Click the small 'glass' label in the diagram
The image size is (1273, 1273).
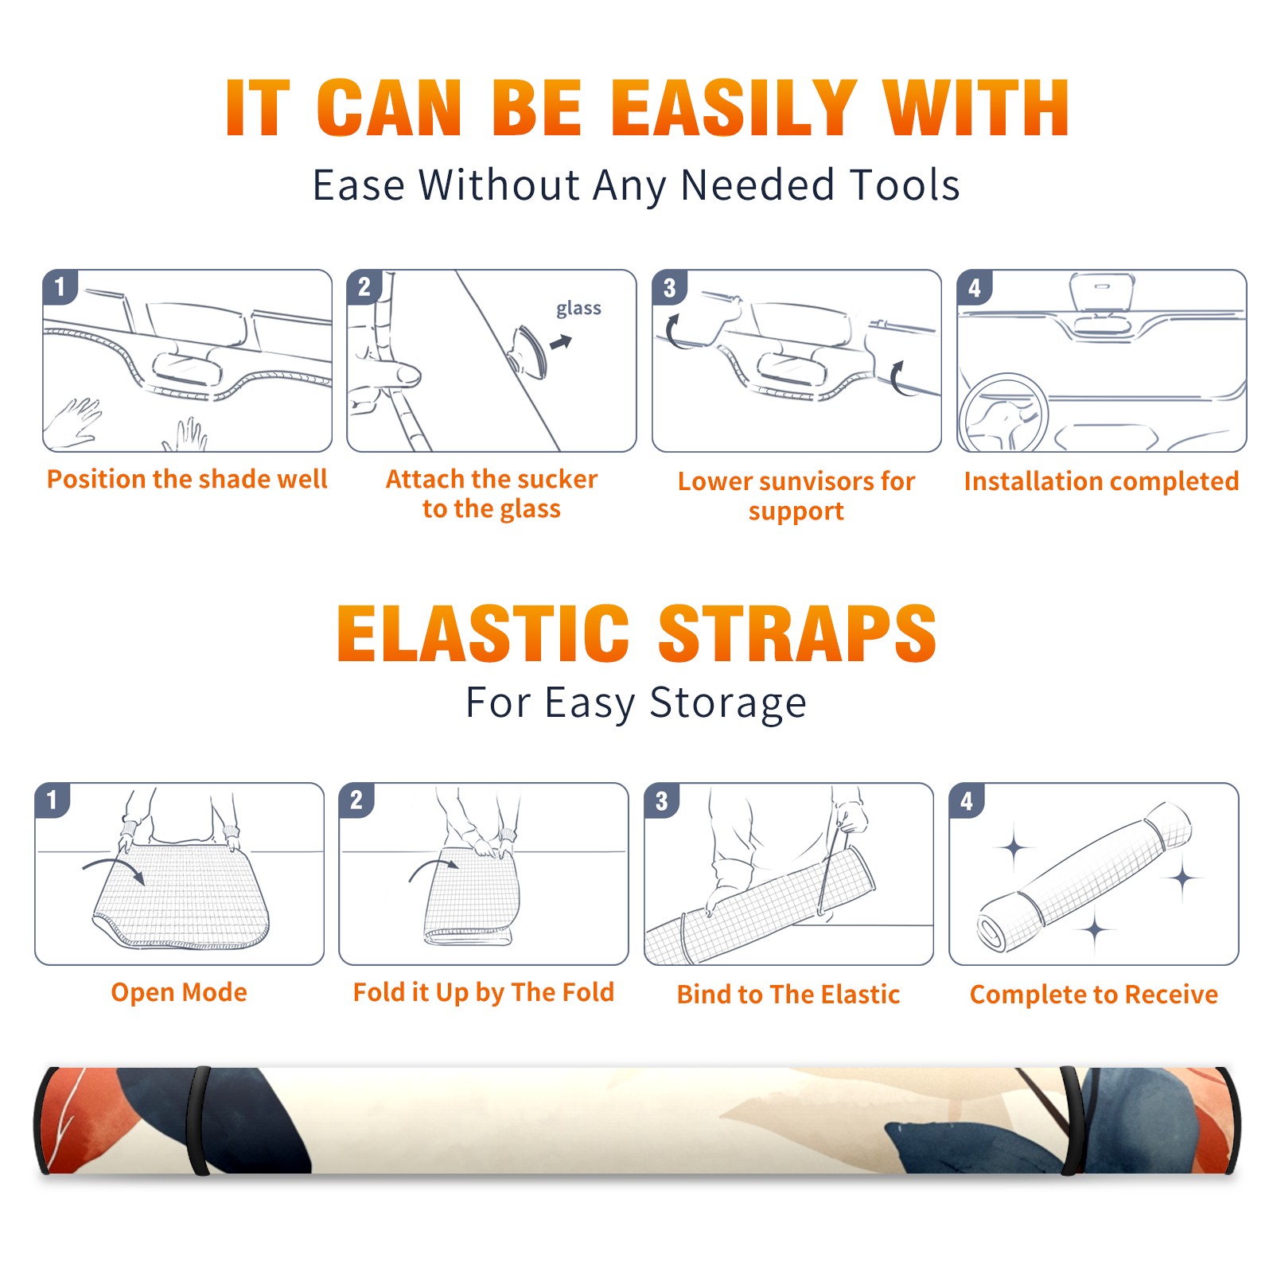click(578, 309)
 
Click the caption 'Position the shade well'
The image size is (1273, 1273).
click(187, 479)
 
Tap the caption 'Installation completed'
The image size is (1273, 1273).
click(1101, 481)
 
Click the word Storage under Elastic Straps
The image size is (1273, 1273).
click(728, 703)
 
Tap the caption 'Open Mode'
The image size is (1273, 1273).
click(179, 992)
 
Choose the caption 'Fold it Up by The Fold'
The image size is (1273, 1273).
click(484, 992)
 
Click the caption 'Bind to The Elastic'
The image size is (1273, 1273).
click(788, 995)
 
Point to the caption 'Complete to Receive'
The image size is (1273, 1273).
click(1094, 995)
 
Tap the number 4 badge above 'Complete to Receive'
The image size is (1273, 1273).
click(967, 801)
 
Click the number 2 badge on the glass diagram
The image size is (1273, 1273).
click(364, 287)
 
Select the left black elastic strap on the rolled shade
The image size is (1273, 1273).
click(198, 1120)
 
